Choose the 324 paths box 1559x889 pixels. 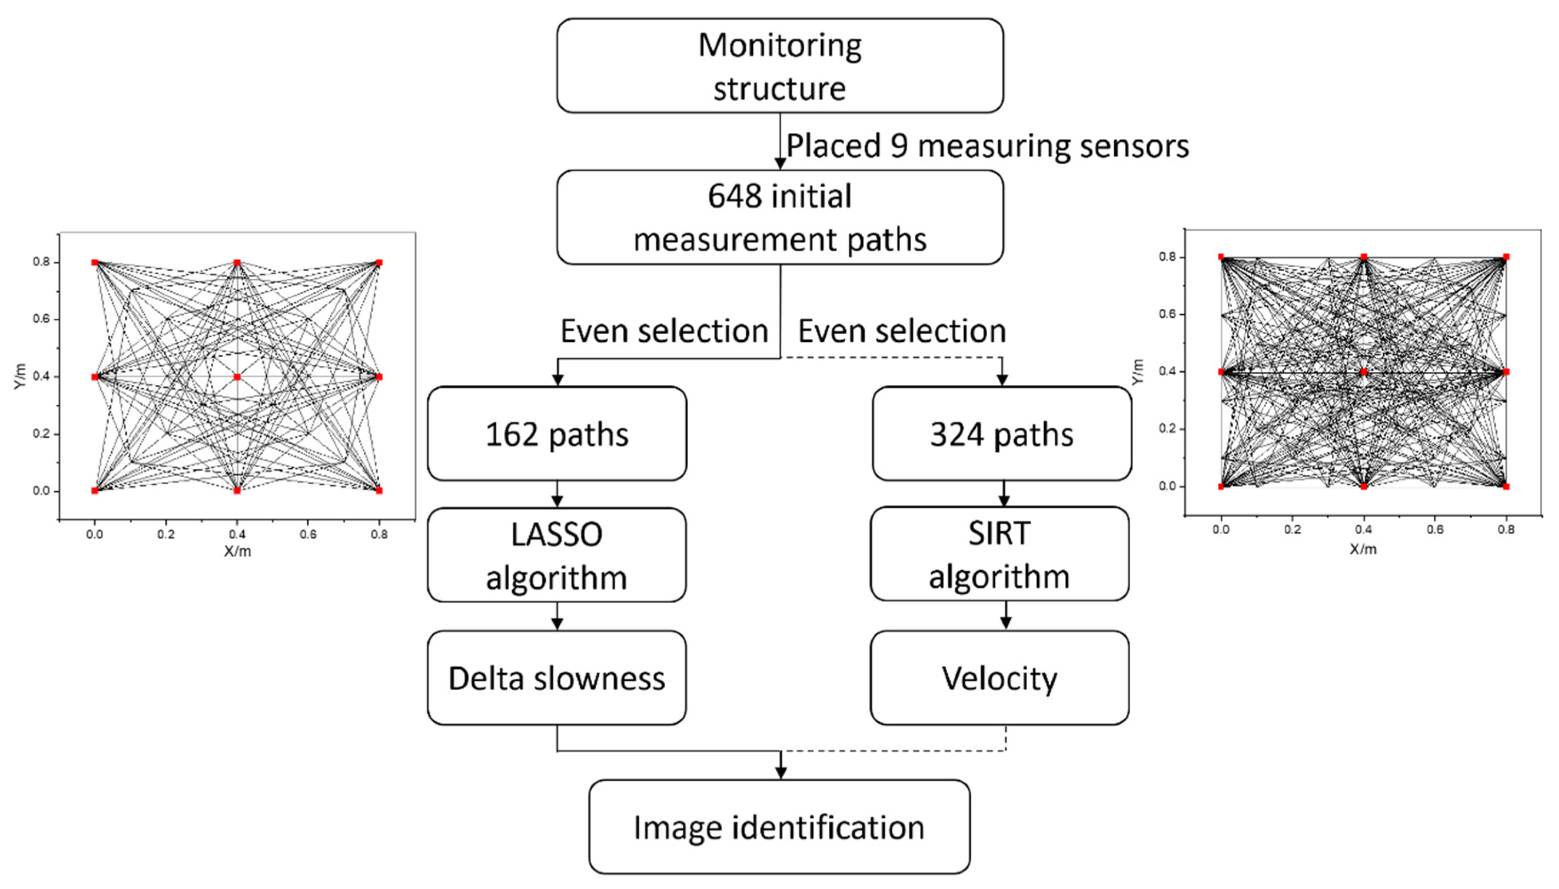tap(1001, 434)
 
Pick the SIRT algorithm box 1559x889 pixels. tap(999, 554)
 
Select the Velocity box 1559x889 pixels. tap(999, 678)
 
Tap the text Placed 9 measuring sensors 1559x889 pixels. tap(987, 146)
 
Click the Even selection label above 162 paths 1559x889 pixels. tap(665, 331)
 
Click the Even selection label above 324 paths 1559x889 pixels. tap(902, 331)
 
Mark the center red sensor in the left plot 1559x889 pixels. tap(237, 377)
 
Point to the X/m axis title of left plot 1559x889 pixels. tap(237, 551)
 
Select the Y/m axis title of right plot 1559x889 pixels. tap(1137, 372)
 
